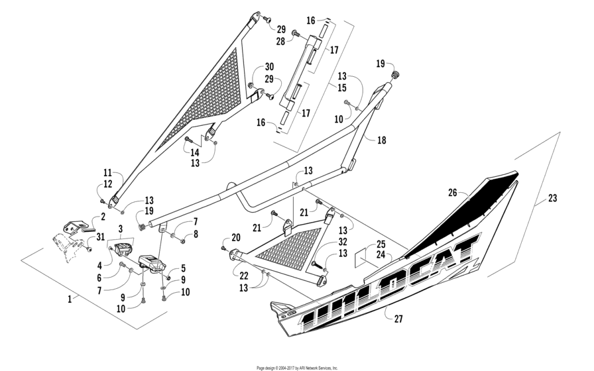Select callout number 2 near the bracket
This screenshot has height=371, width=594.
pos(103,217)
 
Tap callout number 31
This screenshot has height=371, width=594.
pos(100,238)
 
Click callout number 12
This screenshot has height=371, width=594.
pos(108,185)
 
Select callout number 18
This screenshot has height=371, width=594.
pos(381,140)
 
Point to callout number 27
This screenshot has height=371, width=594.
pos(397,319)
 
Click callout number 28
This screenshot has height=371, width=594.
pos(280,42)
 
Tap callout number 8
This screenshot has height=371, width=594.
pos(196,233)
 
